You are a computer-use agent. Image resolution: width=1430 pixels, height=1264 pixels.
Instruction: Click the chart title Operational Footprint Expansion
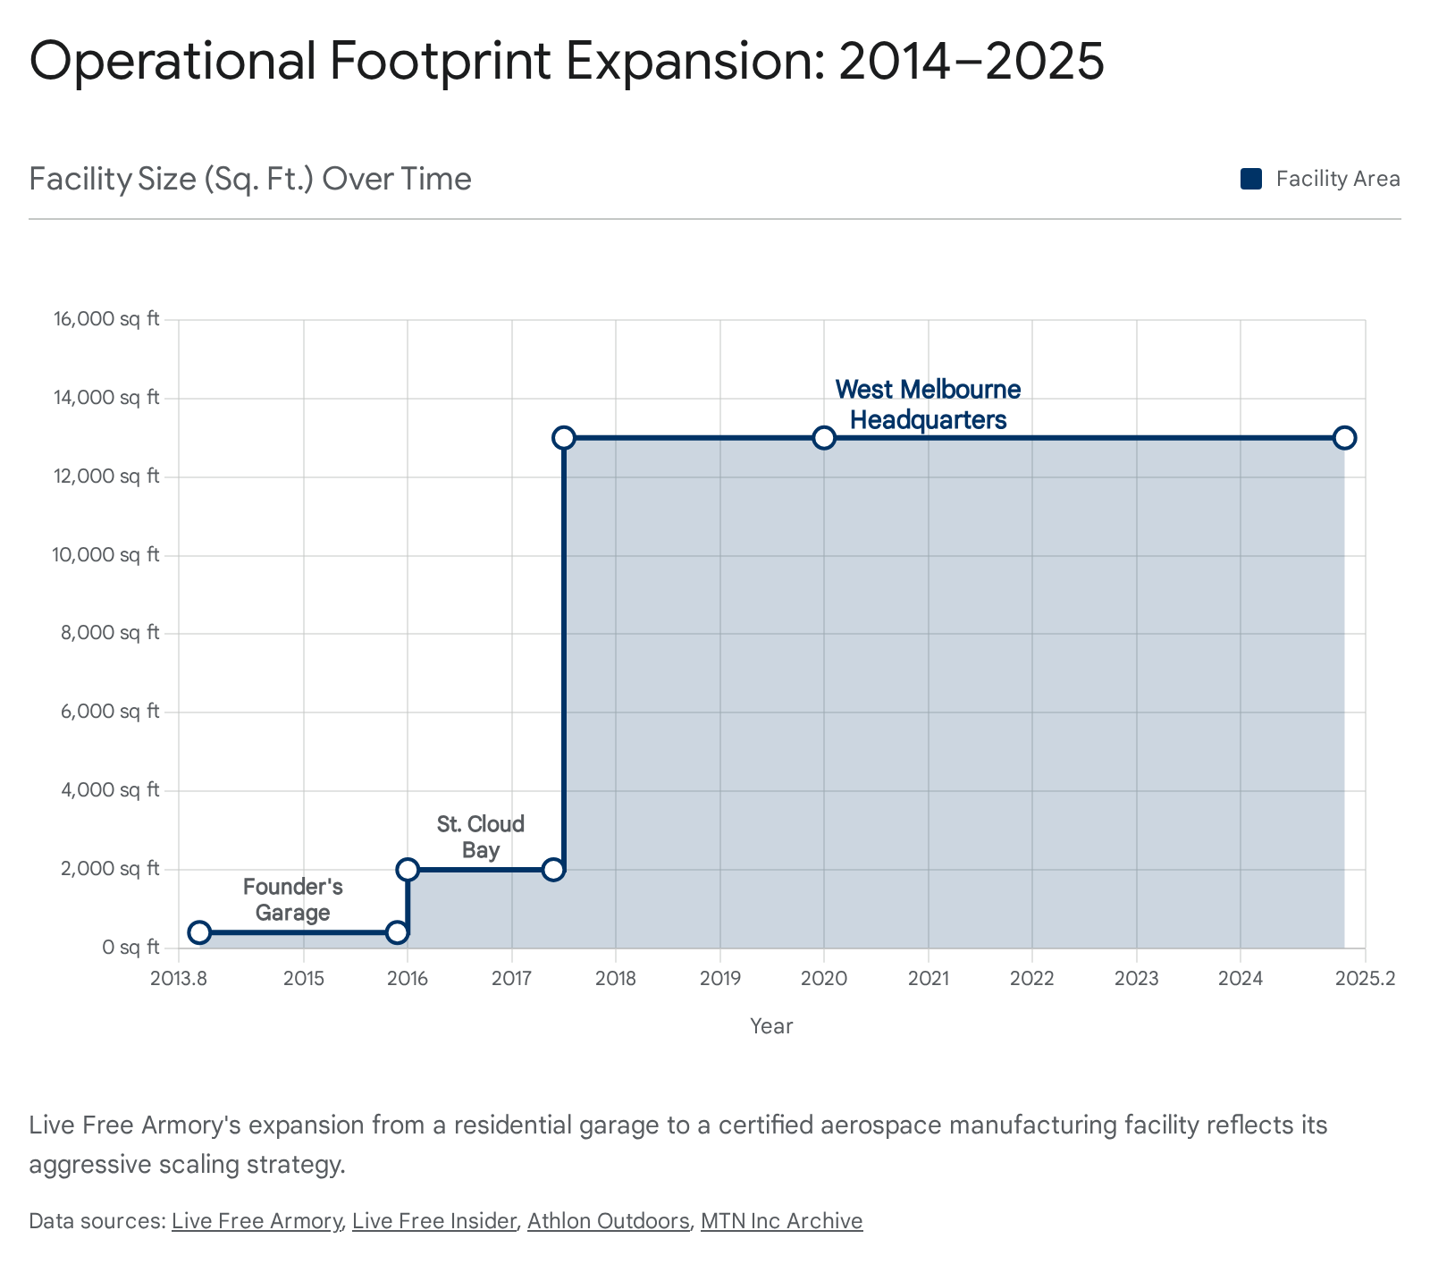[x=567, y=62]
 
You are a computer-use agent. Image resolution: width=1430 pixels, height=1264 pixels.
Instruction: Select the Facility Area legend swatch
[x=1250, y=179]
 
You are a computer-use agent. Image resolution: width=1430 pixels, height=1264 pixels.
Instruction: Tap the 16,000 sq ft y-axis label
[x=106, y=319]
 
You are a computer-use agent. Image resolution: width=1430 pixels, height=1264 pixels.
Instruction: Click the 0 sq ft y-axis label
[x=130, y=947]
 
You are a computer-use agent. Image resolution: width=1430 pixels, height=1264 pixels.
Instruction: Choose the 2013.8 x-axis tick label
[x=179, y=978]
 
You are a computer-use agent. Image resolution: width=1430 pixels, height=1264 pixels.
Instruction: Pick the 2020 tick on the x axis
[x=824, y=978]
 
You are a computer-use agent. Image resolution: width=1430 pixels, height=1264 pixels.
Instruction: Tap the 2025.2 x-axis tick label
[x=1365, y=978]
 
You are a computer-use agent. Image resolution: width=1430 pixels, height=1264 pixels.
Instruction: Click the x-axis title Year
[x=771, y=1026]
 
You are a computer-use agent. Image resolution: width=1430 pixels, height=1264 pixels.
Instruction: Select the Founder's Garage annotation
[x=293, y=899]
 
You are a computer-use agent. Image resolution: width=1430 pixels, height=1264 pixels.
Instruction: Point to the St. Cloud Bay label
[x=481, y=836]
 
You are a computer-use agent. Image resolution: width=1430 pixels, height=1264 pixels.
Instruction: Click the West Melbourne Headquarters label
[x=928, y=404]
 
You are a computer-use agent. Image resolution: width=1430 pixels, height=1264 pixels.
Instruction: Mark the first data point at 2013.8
[x=199, y=932]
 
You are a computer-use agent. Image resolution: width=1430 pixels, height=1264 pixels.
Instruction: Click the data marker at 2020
[x=824, y=437]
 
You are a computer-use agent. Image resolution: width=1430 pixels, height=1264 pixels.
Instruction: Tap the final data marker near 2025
[x=1344, y=437]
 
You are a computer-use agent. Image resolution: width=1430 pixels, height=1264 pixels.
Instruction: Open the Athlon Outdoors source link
[x=608, y=1221]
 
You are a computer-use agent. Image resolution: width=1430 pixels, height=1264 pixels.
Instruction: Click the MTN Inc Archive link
[x=781, y=1221]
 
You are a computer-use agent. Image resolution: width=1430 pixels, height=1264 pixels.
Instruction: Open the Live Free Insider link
[x=434, y=1221]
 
